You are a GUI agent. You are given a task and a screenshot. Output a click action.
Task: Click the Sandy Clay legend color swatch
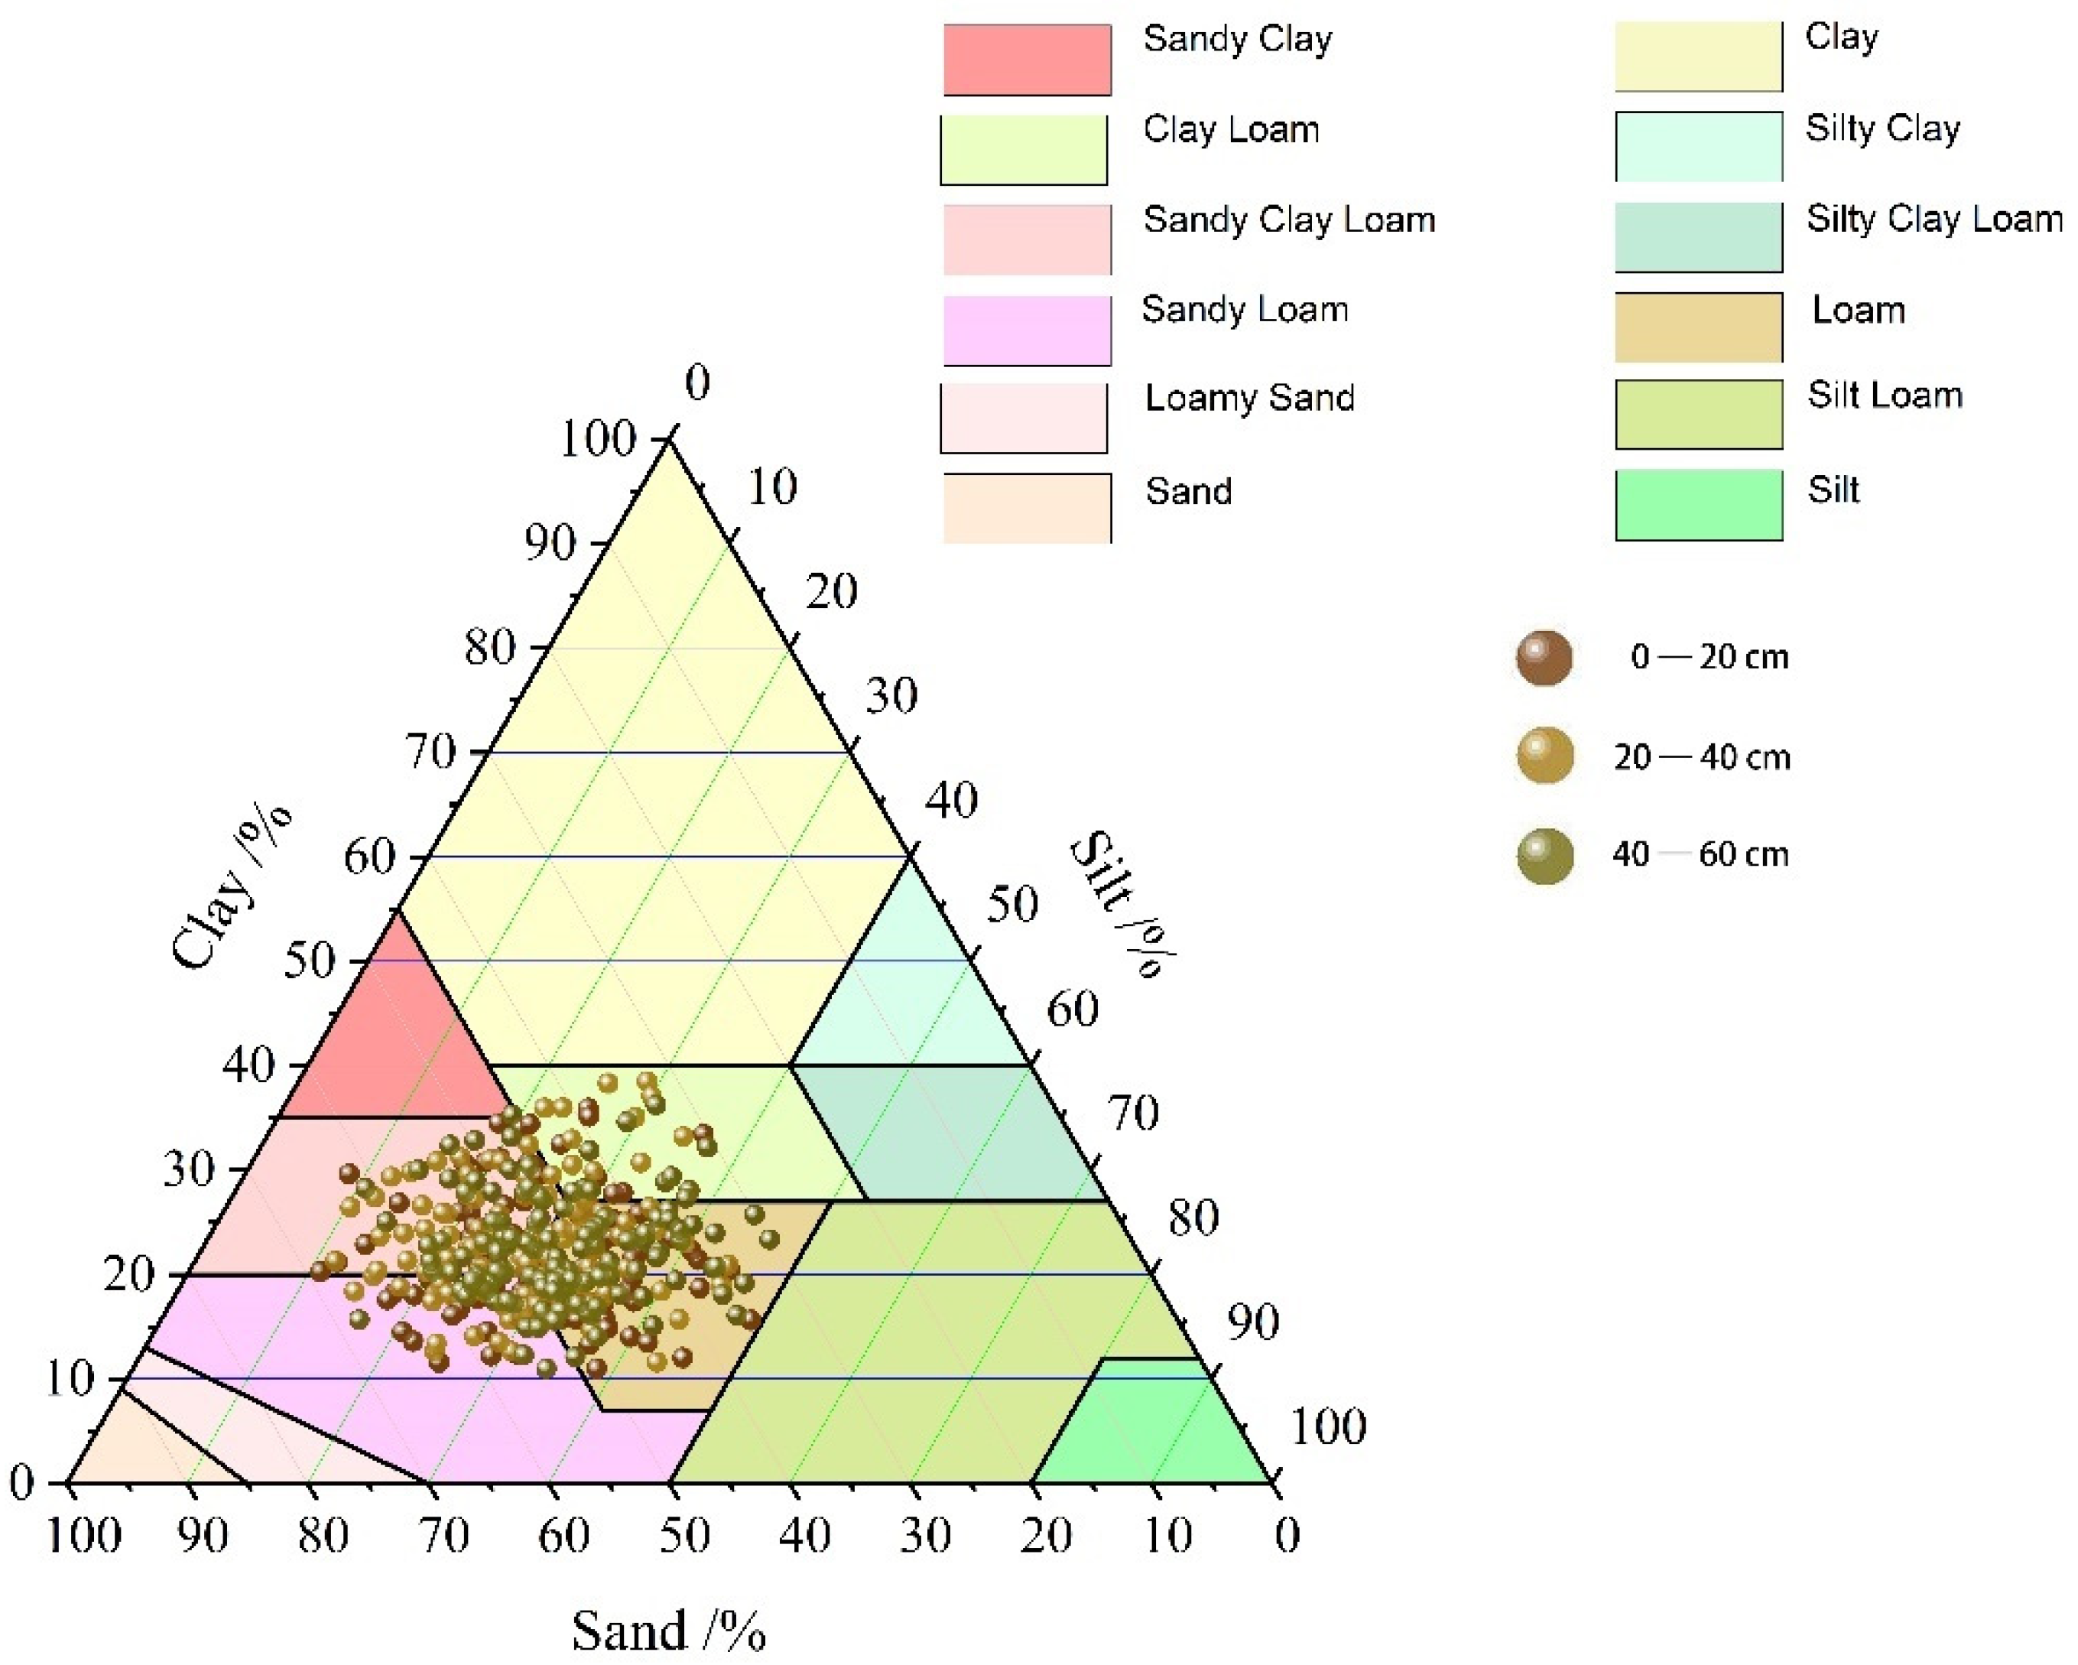point(1027,60)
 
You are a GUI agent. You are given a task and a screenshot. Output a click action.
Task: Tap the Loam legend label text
point(1859,311)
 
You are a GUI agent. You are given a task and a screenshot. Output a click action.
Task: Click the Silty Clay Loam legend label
point(1934,219)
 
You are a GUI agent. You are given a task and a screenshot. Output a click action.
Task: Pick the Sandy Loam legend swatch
point(1027,330)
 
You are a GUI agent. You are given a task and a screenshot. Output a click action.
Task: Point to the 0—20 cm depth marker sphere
point(1544,658)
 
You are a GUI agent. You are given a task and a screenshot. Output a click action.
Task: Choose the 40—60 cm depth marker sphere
point(1544,855)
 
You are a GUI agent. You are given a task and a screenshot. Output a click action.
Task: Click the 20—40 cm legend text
point(1702,758)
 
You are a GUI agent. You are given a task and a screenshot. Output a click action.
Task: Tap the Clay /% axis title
point(232,887)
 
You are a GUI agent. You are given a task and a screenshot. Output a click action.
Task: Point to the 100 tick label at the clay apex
point(598,440)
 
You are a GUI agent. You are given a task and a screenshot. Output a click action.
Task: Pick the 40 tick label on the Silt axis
point(951,800)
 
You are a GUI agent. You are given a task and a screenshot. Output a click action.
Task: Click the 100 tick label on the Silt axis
point(1328,1426)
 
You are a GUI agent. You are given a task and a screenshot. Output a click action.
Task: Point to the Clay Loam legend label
point(1231,130)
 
